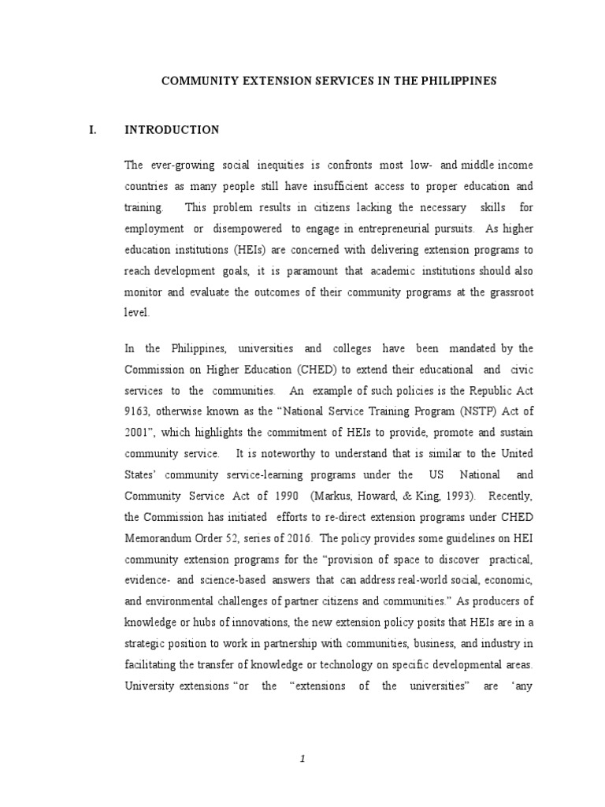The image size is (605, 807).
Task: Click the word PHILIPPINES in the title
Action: point(458,81)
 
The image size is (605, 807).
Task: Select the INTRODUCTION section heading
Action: point(172,130)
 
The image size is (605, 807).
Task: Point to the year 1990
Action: point(282,496)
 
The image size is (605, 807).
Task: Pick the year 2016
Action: point(299,538)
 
